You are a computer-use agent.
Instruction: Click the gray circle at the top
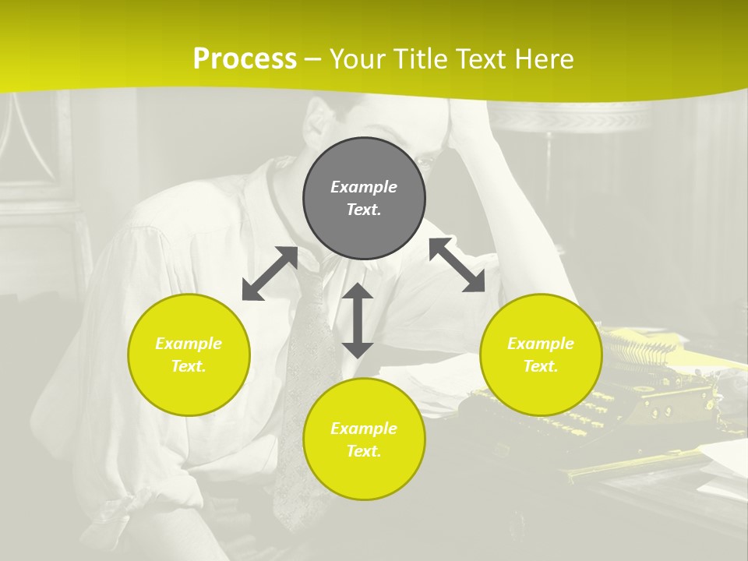364,199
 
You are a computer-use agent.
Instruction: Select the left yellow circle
189,355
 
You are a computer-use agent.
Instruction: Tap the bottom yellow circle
364,439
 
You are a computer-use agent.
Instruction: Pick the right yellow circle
541,355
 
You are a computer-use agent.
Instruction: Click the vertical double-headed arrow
358,320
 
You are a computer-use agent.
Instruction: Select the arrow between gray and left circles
270,273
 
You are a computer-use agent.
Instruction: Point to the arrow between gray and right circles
457,265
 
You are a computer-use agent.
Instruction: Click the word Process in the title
245,58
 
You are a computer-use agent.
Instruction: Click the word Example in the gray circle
364,187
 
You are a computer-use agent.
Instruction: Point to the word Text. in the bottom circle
364,451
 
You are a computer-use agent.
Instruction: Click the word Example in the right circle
541,344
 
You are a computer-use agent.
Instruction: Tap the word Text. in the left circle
189,366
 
